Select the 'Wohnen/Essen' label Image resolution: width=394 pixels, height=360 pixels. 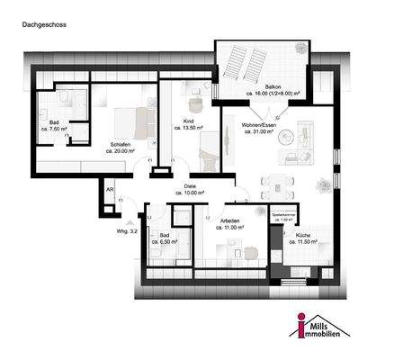[260, 126]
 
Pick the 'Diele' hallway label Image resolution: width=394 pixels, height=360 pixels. [190, 187]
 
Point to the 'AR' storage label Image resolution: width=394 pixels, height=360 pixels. [109, 191]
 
